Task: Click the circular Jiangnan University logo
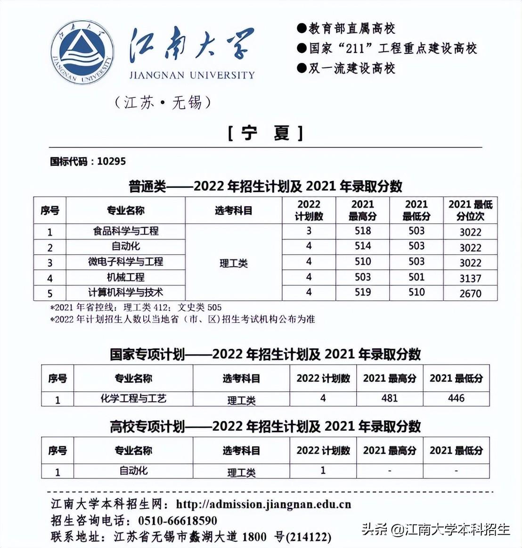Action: click(82, 52)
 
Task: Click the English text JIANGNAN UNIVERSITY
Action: click(192, 75)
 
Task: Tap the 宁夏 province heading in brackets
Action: click(265, 133)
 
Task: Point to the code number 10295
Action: click(112, 161)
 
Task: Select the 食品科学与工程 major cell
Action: click(125, 231)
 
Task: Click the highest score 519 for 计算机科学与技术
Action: click(362, 292)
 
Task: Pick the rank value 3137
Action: click(470, 278)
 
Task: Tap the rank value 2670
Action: click(470, 293)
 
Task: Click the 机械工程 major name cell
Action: click(125, 277)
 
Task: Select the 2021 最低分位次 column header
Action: click(470, 210)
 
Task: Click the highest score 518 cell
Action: click(362, 231)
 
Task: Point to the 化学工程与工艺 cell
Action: click(133, 399)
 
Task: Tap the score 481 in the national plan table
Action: click(390, 398)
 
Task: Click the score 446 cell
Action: click(456, 398)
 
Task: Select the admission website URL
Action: click(263, 504)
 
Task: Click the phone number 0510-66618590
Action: click(178, 521)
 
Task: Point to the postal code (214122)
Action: click(309, 537)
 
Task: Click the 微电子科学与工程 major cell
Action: click(125, 262)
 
